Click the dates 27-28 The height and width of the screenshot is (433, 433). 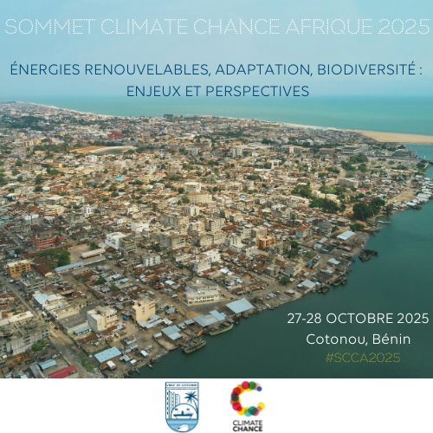[x=305, y=319]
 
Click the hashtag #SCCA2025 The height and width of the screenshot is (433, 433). [x=355, y=358]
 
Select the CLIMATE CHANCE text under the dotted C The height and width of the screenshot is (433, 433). [x=248, y=425]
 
